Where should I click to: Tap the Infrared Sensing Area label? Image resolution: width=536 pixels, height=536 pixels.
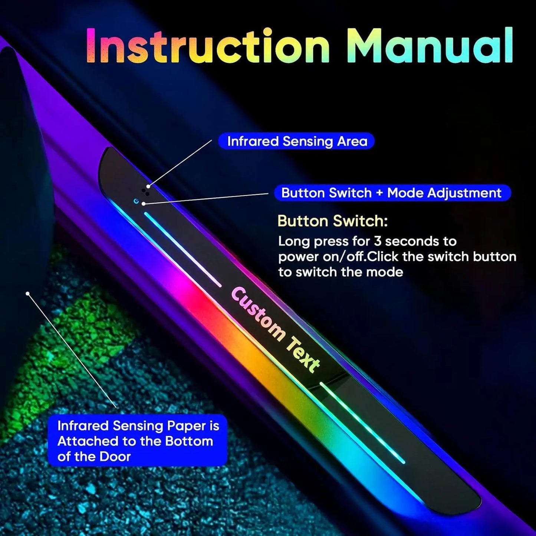click(x=297, y=141)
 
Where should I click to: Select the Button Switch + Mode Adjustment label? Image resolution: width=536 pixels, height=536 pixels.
click(x=392, y=193)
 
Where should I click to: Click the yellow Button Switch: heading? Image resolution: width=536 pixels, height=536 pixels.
click(x=332, y=221)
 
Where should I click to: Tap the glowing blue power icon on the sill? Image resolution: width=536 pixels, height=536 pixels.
click(x=136, y=201)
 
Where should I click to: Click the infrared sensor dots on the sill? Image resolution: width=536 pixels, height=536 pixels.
click(x=145, y=191)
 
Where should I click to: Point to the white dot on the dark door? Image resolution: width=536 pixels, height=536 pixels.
click(x=27, y=293)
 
